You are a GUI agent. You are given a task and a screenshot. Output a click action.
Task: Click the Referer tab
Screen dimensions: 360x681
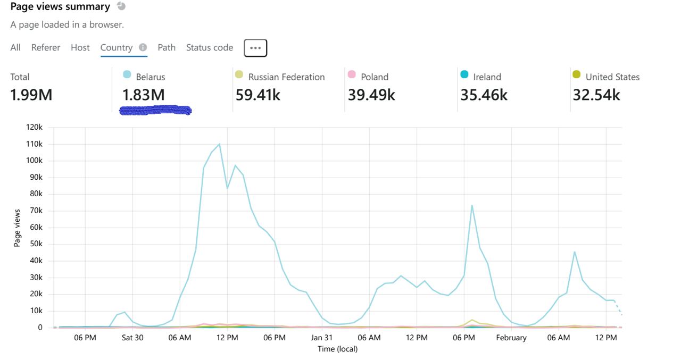click(46, 48)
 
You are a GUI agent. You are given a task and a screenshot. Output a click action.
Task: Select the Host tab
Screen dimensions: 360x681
click(80, 48)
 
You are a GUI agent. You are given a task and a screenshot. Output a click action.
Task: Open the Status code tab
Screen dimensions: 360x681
click(210, 48)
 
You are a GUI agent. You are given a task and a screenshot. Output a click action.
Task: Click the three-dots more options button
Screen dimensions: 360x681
click(255, 48)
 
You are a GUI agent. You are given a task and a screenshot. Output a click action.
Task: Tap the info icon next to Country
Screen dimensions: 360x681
click(143, 47)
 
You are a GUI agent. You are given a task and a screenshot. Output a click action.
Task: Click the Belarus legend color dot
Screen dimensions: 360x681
click(127, 74)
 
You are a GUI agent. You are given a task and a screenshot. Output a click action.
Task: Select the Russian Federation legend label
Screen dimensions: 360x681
click(286, 77)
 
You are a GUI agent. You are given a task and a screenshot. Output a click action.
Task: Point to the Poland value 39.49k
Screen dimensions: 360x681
click(371, 95)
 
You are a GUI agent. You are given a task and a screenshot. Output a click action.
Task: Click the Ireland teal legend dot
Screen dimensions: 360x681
click(464, 74)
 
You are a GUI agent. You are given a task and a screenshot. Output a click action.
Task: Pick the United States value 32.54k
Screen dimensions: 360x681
click(596, 95)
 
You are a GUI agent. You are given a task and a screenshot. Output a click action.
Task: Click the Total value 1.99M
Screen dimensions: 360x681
click(31, 95)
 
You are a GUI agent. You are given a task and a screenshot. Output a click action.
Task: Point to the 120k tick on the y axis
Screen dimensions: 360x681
click(34, 128)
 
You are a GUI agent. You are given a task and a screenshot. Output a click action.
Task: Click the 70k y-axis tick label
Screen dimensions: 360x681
click(36, 211)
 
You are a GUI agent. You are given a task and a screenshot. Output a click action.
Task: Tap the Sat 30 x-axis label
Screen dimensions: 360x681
click(132, 338)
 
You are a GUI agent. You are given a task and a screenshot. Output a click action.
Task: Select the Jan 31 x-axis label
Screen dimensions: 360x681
click(322, 338)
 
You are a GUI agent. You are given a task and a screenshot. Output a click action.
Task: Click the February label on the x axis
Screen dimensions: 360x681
click(511, 338)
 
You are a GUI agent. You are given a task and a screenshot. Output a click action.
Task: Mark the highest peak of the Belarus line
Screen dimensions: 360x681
click(219, 144)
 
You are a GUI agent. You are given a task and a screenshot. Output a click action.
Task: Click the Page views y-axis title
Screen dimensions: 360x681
click(17, 228)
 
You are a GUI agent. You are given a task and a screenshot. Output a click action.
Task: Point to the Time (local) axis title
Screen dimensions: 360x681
click(337, 349)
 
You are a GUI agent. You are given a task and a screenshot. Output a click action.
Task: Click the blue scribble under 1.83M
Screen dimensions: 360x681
click(155, 111)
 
